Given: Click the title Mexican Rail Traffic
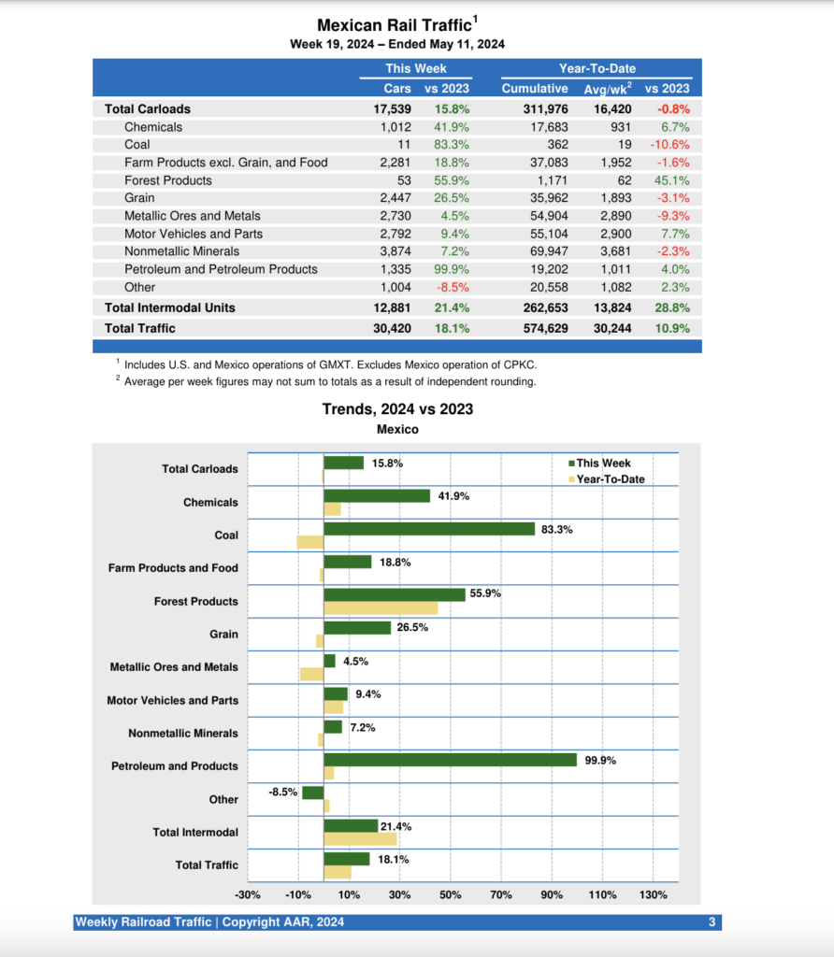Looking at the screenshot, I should [x=395, y=26].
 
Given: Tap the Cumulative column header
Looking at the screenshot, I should [x=535, y=88].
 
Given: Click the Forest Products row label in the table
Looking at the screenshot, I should [x=168, y=180].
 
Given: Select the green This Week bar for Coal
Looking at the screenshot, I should [x=429, y=529].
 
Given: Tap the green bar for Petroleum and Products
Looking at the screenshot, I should [x=450, y=760].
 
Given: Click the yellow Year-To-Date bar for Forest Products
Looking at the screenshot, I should [x=381, y=608].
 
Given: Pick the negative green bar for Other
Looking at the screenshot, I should [x=312, y=793].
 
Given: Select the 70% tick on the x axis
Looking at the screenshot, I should [x=501, y=895].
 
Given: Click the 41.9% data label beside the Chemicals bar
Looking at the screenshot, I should [x=453, y=496].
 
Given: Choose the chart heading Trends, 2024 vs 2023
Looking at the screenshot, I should [x=397, y=409].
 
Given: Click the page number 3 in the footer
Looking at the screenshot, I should [x=712, y=922].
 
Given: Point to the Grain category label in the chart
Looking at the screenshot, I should [x=223, y=635].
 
